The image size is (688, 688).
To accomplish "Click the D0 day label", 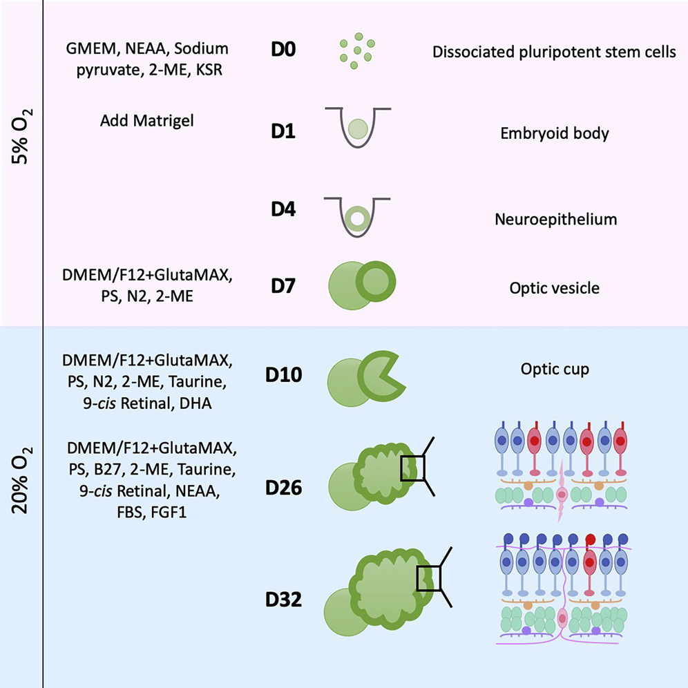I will coord(283,52).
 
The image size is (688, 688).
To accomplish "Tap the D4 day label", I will coord(282,209).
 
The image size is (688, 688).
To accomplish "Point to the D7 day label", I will coord(282,285).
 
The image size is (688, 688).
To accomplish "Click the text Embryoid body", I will coord(555,133).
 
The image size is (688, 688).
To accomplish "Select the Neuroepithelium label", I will coord(555,220).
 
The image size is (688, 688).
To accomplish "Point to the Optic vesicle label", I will coord(555,288).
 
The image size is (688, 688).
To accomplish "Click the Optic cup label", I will coord(555,369).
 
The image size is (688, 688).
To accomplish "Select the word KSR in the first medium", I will coord(212,70).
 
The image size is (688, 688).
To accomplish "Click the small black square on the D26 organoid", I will coord(412,468).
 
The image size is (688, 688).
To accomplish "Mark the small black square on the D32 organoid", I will coord(428,578).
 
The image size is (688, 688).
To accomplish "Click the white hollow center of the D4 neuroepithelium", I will coord(357,220).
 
